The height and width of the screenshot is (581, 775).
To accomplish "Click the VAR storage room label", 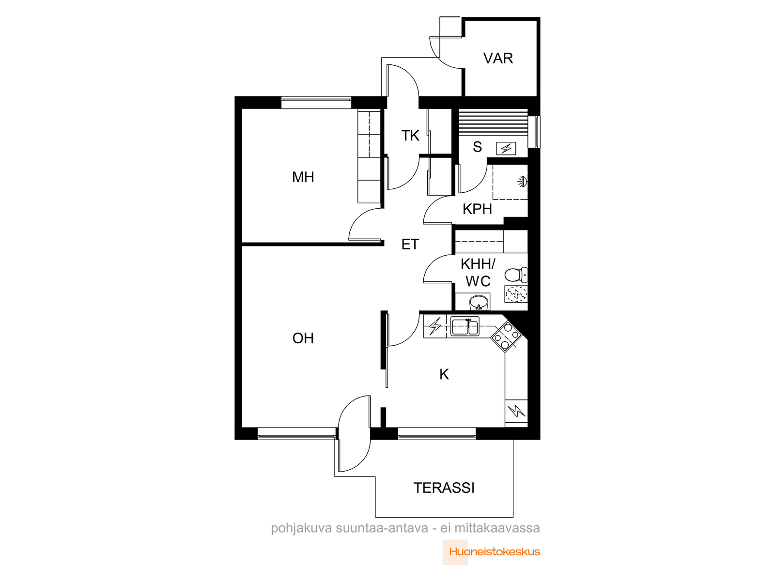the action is tap(498, 58).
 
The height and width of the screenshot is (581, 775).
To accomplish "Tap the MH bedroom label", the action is tap(303, 177).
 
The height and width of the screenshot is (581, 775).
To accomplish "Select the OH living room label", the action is tap(303, 338).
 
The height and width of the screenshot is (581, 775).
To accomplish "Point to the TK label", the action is tap(410, 136).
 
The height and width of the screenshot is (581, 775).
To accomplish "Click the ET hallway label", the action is tap(410, 244).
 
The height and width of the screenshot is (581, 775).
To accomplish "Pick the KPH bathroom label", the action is tap(477, 209).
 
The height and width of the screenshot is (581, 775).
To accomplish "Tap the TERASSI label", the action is tap(444, 488).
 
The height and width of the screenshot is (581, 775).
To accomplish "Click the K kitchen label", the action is tap(444, 374).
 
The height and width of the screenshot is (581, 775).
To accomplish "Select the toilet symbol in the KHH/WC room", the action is tap(516, 275).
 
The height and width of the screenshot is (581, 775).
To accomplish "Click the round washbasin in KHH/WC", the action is tap(479, 302).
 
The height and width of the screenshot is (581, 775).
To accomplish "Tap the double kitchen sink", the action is tap(465, 325).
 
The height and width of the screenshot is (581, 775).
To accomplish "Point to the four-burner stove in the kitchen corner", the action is tap(506, 337).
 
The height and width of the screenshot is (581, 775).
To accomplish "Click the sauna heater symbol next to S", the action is tap(506, 149).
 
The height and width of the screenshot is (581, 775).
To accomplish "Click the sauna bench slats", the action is tap(493, 125).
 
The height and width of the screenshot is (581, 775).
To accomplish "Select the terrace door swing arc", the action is tap(354, 433).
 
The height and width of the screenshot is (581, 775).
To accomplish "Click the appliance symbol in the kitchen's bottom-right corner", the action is tap(516, 411).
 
